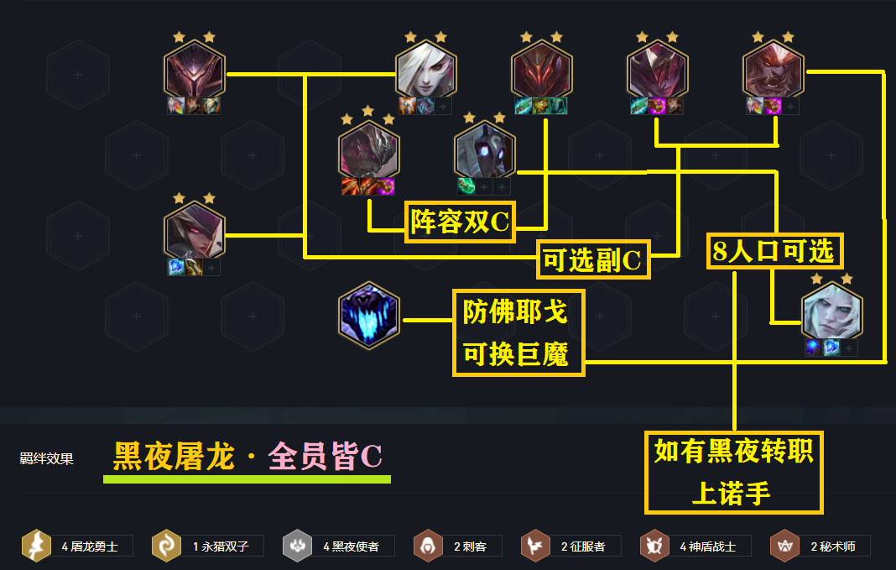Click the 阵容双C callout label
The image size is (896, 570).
tap(460, 222)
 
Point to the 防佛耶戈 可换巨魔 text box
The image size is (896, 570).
tap(518, 333)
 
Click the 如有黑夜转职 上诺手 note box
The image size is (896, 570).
tap(734, 472)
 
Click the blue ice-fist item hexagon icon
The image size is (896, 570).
tap(369, 315)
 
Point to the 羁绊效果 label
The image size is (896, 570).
tap(46, 459)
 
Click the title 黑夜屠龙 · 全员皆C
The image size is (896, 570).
tap(247, 457)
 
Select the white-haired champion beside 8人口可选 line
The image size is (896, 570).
tap(831, 307)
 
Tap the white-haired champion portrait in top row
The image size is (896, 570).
tap(426, 70)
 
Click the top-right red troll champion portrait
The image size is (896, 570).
tap(774, 70)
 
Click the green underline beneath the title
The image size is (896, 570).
tap(247, 479)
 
